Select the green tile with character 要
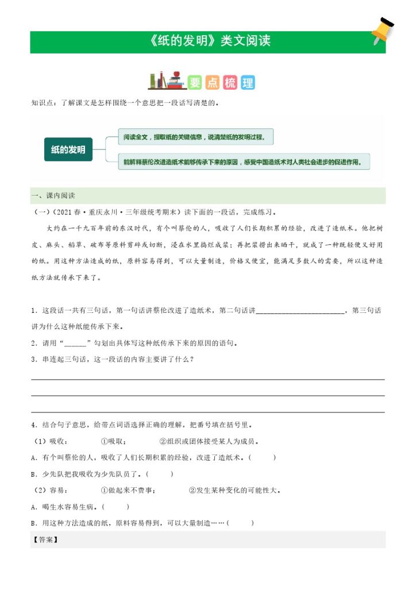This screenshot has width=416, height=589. (195, 83)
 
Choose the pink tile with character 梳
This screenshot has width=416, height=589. (230, 83)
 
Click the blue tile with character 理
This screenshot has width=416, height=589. (248, 83)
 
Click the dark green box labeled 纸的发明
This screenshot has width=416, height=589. (68, 150)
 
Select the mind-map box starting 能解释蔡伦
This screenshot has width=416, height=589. (243, 162)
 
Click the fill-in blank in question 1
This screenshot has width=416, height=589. (299, 311)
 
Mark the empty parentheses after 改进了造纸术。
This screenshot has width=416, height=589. (263, 458)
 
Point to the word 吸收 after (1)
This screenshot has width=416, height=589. (59, 442)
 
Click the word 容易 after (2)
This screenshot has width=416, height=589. (59, 491)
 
